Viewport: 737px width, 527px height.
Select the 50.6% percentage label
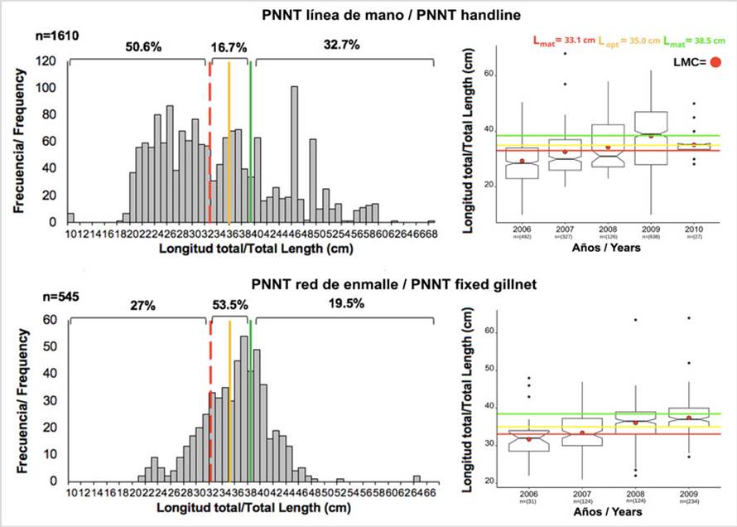[142, 46]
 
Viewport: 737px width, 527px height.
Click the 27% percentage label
[142, 305]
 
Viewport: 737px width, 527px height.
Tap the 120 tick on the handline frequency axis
[51, 61]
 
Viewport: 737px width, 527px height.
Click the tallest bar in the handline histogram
[295, 154]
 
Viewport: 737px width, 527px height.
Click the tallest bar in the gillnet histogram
[244, 408]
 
